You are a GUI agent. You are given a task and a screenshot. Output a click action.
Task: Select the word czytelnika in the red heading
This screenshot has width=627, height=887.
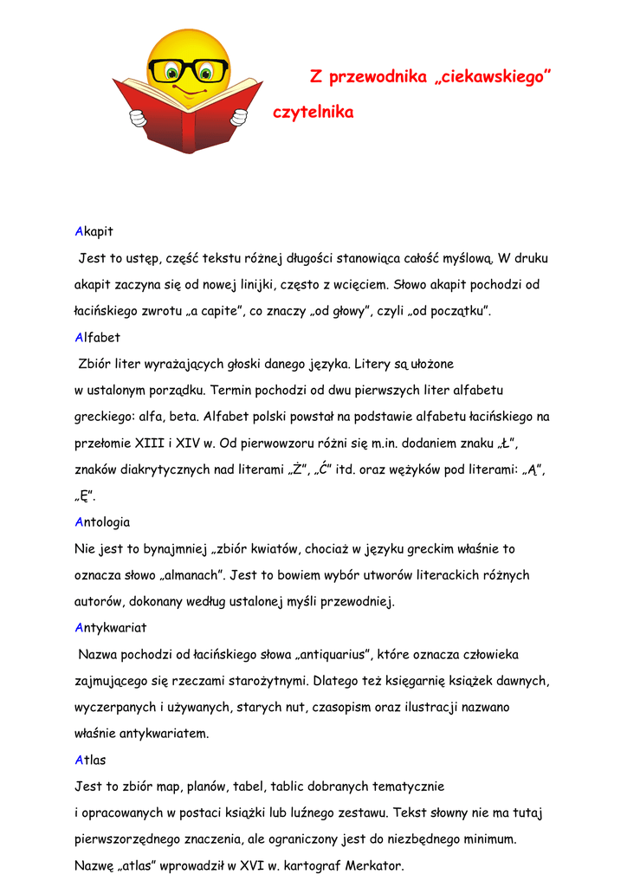coord(313,113)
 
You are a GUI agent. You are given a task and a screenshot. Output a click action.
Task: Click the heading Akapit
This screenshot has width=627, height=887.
coord(94,231)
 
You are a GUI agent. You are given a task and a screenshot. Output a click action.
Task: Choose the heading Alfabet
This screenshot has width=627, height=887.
coord(97,337)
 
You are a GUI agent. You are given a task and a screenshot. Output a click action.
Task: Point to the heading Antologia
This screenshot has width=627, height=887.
coord(102,521)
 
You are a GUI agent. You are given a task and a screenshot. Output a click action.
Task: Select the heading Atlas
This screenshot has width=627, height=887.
coord(90,760)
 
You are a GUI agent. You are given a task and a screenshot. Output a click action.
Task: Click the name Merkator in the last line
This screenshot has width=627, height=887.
coord(373,865)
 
